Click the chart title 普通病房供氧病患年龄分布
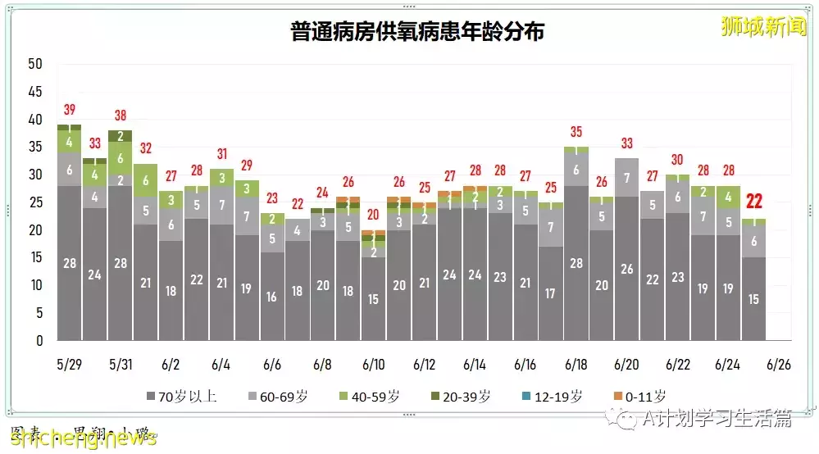point(417,32)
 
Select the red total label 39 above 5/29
point(69,111)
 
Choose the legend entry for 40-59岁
point(374,397)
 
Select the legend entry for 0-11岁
point(640,397)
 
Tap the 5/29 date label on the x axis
point(69,363)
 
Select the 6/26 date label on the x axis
point(779,363)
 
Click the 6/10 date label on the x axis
point(373,363)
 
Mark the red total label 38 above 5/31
point(120,116)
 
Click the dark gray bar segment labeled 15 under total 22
point(753,299)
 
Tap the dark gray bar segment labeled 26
point(626,269)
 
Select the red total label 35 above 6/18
point(576,132)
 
